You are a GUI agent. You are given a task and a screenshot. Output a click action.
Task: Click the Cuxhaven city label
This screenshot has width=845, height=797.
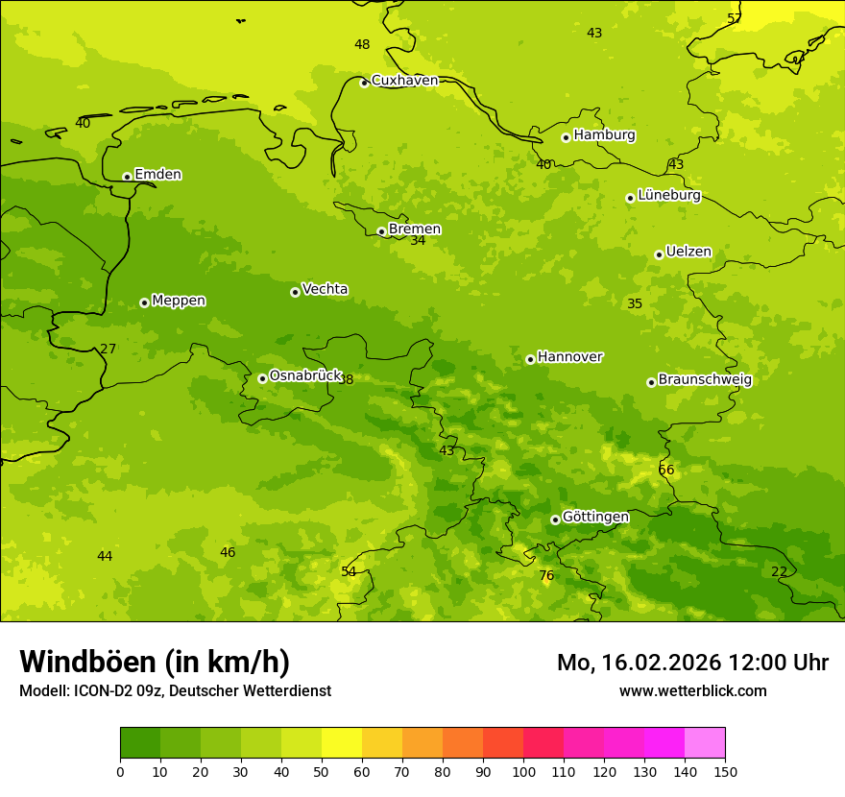pos(404,81)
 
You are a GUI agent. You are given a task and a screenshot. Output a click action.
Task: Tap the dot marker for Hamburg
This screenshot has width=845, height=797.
pos(566,137)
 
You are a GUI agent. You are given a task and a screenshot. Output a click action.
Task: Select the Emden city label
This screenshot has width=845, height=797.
pos(157,175)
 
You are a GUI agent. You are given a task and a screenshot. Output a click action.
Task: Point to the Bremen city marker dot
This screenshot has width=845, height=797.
pos(381,231)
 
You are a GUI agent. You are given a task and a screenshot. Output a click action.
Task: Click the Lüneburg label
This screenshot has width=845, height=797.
pos(668,196)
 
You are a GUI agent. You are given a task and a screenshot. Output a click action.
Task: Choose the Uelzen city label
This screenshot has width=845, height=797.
pos(688,253)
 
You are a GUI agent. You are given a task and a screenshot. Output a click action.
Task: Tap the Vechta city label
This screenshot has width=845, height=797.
pos(325,290)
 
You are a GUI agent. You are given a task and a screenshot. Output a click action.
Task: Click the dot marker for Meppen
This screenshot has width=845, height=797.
pos(144,302)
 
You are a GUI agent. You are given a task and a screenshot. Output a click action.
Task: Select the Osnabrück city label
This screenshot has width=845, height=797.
pos(305,376)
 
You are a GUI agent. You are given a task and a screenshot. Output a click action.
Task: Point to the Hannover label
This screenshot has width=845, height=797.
pos(569,357)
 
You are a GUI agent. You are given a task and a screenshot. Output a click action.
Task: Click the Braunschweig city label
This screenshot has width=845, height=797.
pos(705,380)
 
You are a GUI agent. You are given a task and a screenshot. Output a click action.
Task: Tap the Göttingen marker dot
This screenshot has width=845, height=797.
pos(555,519)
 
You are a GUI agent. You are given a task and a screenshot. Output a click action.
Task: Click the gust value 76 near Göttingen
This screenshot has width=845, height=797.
pos(546,576)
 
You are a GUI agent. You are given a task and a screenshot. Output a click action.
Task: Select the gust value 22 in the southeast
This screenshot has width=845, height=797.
pos(779,572)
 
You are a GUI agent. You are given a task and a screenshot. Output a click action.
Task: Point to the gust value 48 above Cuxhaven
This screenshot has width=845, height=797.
pos(362,45)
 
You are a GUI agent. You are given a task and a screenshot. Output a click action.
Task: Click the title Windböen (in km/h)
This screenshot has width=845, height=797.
pos(155,662)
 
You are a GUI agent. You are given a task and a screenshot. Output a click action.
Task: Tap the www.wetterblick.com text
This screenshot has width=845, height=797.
pos(692,691)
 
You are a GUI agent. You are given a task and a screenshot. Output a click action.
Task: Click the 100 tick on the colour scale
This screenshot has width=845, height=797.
pos(523,771)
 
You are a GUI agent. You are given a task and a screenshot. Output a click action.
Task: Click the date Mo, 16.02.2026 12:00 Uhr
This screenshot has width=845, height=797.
pos(692,663)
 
